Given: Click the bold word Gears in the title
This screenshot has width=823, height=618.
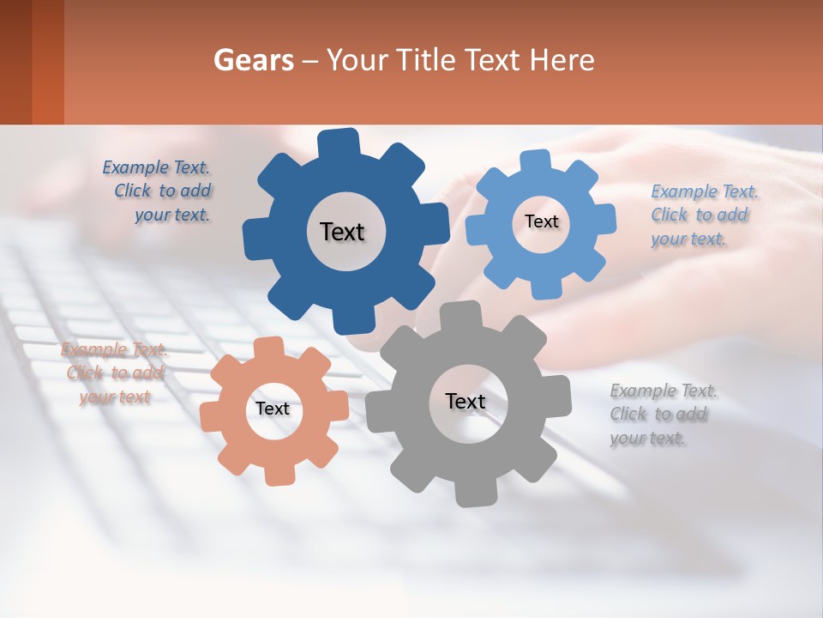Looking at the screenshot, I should [x=252, y=60].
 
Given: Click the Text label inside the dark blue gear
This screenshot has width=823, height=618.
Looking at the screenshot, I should [x=342, y=232].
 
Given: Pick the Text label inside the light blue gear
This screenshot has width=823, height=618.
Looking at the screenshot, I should [x=541, y=221].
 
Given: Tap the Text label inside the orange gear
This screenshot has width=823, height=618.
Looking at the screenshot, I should [x=273, y=409].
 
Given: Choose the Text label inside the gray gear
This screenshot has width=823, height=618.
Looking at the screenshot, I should [x=466, y=401].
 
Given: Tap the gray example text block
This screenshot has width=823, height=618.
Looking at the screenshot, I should [x=661, y=415].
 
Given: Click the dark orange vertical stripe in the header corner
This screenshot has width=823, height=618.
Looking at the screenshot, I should [x=48, y=62].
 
